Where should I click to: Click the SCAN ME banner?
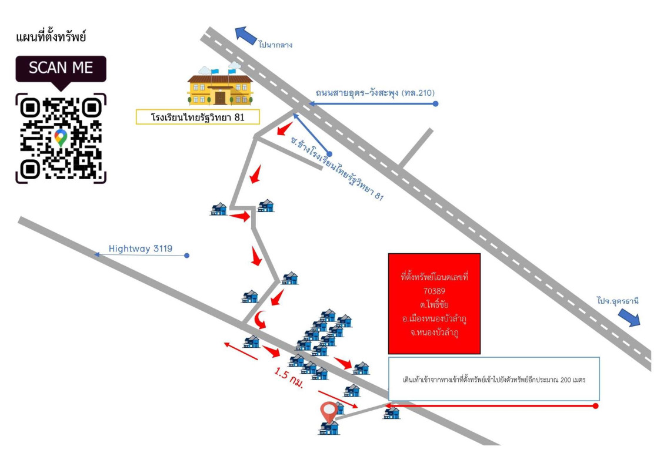tap(61, 68)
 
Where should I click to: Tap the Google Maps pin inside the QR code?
tap(60, 138)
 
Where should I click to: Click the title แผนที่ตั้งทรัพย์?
tap(51, 38)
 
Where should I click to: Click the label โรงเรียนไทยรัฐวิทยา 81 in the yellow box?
tap(198, 117)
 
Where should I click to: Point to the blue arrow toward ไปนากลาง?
tap(246, 35)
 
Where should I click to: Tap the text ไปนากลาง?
tap(275, 45)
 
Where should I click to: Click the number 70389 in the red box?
tap(435, 290)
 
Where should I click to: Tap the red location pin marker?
tap(328, 411)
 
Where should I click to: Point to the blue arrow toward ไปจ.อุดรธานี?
tap(629, 317)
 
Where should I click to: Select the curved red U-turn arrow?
tap(260, 320)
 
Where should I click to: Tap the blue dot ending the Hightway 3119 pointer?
tap(186, 256)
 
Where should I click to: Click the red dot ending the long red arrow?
tap(596, 406)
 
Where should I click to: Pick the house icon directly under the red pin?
tap(329, 428)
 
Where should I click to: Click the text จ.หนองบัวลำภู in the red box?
tap(435, 333)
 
